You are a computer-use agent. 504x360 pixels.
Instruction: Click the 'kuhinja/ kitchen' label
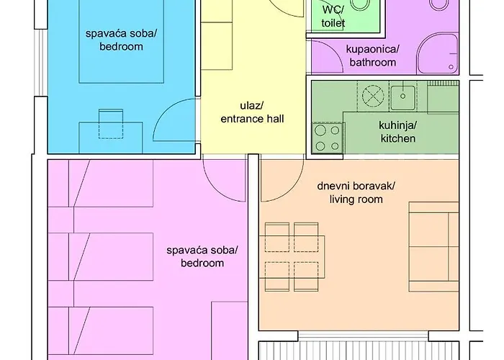point(397,132)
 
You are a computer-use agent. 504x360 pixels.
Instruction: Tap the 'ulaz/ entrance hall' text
point(252,112)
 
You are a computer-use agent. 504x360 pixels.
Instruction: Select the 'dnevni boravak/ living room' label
point(356,192)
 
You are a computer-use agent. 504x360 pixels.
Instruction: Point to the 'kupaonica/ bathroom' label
point(372,55)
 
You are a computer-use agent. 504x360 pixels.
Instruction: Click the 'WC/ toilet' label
point(333,16)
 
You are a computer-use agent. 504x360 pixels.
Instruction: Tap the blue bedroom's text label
point(121,40)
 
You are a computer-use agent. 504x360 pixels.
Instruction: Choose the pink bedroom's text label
point(202,256)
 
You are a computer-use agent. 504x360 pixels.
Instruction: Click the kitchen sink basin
point(402,96)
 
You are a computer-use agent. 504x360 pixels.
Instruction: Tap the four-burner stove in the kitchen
point(328,138)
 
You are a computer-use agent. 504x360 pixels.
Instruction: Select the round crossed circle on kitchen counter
point(373,96)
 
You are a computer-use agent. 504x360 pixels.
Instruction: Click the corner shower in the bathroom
point(438,54)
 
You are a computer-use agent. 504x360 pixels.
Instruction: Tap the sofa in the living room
point(433,247)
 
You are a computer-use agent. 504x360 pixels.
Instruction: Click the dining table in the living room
point(292,256)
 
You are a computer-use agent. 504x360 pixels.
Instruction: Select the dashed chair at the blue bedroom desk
point(111,124)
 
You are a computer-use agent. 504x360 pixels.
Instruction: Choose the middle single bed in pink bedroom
point(101,256)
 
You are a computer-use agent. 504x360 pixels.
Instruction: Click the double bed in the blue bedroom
point(122,42)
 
